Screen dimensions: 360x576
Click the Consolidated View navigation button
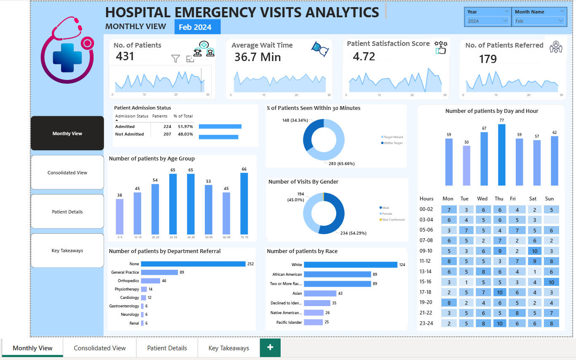(x=67, y=173)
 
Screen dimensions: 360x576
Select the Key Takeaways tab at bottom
(x=228, y=348)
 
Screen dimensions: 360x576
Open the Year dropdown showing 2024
(x=488, y=21)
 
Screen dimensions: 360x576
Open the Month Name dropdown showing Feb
(x=539, y=21)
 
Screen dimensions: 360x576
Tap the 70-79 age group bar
(x=244, y=203)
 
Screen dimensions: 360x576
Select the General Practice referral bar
(x=159, y=272)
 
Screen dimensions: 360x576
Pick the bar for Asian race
(x=320, y=293)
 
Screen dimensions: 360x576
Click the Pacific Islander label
(x=289, y=322)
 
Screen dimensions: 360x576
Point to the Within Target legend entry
(x=393, y=143)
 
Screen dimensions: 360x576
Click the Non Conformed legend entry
(x=394, y=219)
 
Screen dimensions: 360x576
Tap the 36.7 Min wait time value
(x=257, y=57)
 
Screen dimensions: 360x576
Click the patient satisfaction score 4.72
(x=364, y=56)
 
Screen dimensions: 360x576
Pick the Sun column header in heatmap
(x=549, y=199)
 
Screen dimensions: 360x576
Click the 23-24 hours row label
(x=426, y=323)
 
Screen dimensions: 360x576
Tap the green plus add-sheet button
(x=270, y=347)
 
